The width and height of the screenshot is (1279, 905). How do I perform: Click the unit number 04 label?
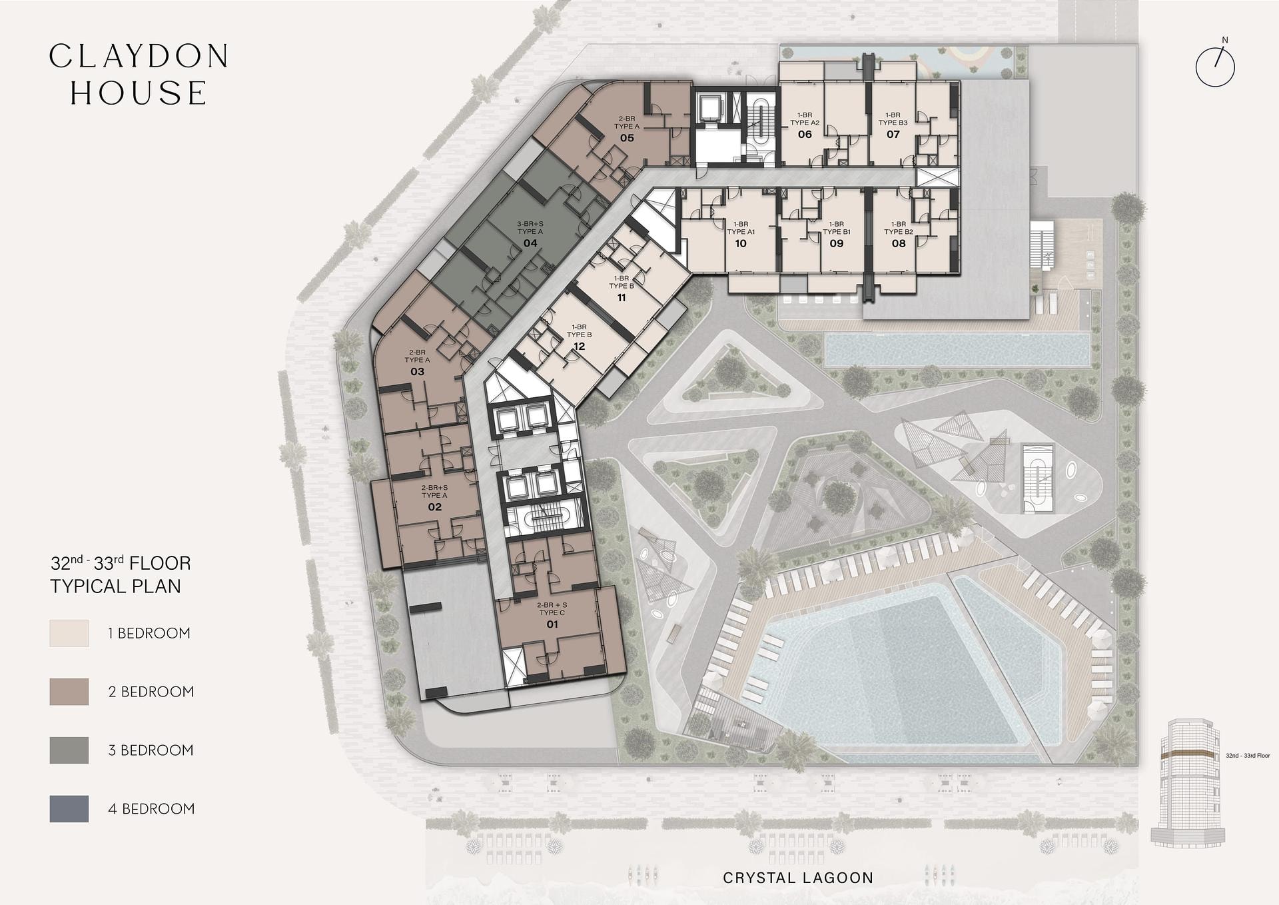(x=530, y=243)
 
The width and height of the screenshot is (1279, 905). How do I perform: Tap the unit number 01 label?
(x=552, y=624)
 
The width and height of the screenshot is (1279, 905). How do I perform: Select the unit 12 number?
(x=580, y=347)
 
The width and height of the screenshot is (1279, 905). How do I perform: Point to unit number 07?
(x=893, y=135)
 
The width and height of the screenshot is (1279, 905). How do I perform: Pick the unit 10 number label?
(x=741, y=244)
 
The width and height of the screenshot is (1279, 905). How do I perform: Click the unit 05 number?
(x=627, y=138)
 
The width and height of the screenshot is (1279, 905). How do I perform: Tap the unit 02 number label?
(x=434, y=507)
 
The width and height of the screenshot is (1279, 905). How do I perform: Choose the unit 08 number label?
(x=899, y=244)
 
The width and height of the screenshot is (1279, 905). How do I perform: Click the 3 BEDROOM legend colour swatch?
(x=69, y=750)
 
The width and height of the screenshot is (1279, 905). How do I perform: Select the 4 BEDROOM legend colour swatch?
(x=69, y=809)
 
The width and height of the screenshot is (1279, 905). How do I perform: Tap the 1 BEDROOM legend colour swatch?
(x=69, y=633)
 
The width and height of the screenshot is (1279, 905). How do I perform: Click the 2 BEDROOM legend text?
(x=151, y=692)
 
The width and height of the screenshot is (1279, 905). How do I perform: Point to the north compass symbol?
(x=1216, y=65)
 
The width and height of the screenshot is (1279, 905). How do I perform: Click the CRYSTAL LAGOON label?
(x=798, y=878)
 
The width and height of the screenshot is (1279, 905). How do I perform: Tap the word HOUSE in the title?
(x=139, y=93)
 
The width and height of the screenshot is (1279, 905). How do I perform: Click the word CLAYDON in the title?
(x=139, y=57)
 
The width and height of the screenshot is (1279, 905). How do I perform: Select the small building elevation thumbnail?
(x=1188, y=782)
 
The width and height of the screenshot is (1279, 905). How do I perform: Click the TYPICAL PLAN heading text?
(x=116, y=586)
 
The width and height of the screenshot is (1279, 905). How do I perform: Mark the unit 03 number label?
(x=418, y=372)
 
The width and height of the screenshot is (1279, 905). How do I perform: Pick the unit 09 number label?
(x=837, y=244)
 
